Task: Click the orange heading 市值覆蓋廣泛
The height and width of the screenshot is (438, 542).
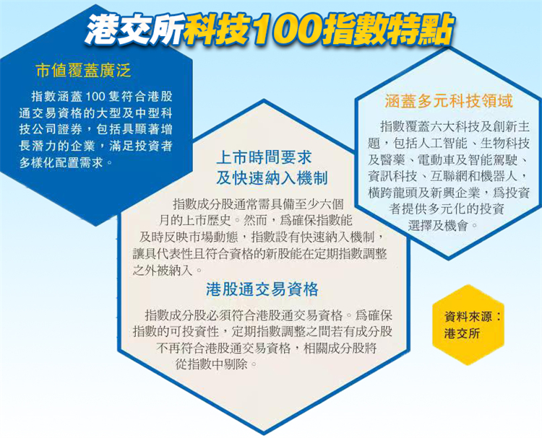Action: point(84,71)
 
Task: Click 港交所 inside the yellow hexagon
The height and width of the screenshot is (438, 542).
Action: point(461,334)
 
